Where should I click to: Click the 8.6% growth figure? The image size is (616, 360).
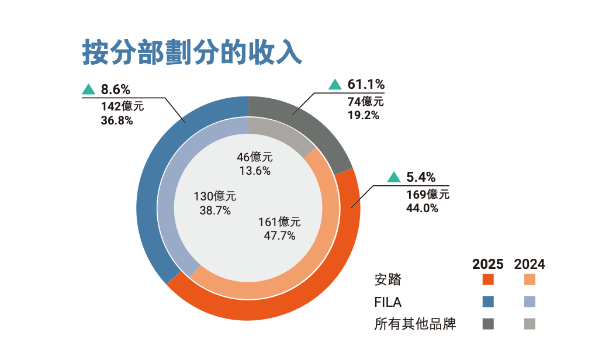tap(115, 89)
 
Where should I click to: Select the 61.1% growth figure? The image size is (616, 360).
tap(366, 84)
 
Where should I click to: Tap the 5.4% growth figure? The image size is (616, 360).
tap(421, 177)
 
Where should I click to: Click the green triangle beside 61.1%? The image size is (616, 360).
tap(335, 85)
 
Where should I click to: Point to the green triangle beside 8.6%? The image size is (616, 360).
tap(88, 89)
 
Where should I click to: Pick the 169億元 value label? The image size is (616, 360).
tap(428, 195)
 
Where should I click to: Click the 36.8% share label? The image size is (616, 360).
tap(117, 120)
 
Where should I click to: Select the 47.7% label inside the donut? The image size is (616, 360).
tap(279, 236)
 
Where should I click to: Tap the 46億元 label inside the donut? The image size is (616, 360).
tap(255, 157)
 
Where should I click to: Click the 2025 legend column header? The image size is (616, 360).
tap(488, 264)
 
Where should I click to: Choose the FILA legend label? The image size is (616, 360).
tap(388, 302)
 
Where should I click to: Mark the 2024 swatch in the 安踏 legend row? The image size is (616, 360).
tap(530, 280)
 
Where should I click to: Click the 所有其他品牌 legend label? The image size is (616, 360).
tap(415, 324)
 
